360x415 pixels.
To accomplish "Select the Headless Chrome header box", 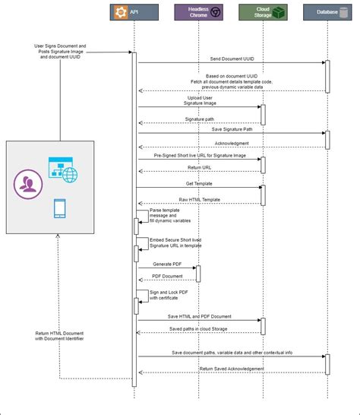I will click(199, 12).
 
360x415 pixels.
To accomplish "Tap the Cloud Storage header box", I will click(263, 12).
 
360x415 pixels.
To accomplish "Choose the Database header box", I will click(327, 12).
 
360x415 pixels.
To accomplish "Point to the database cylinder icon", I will click(346, 12).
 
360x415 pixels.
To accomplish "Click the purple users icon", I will click(29, 182).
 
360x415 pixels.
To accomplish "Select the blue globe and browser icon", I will click(62, 169).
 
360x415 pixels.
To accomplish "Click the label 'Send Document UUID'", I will click(232, 58).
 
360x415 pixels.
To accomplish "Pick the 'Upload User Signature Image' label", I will click(200, 100).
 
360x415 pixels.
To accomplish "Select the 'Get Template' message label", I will click(199, 183).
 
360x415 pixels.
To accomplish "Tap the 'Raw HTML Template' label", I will click(200, 199).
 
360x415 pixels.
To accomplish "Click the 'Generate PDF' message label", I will click(167, 263).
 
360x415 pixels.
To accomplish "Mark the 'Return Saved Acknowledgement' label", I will click(232, 369).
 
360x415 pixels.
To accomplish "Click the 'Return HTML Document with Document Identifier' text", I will click(59, 336).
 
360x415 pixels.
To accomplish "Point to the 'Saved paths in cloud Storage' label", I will click(200, 328).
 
